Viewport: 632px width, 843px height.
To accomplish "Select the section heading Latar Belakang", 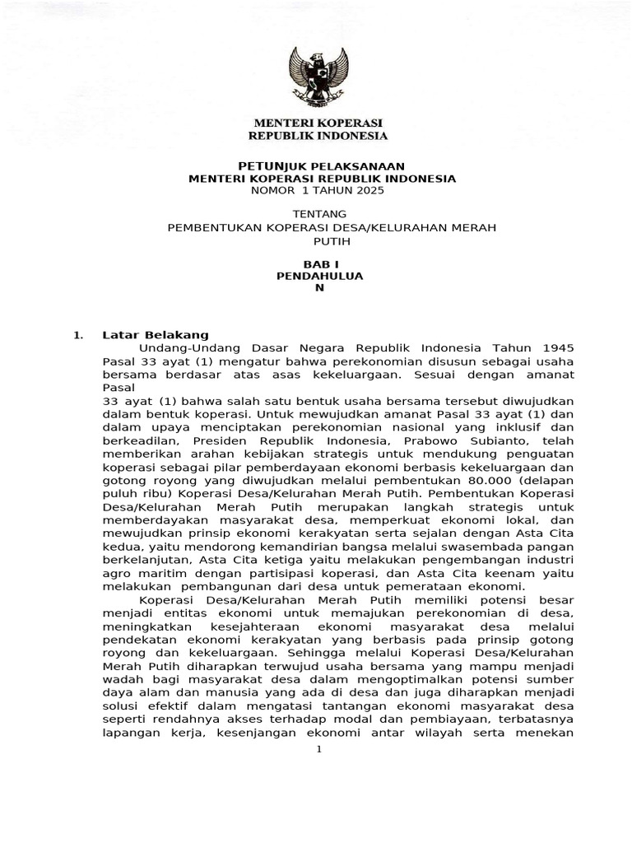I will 156,335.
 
